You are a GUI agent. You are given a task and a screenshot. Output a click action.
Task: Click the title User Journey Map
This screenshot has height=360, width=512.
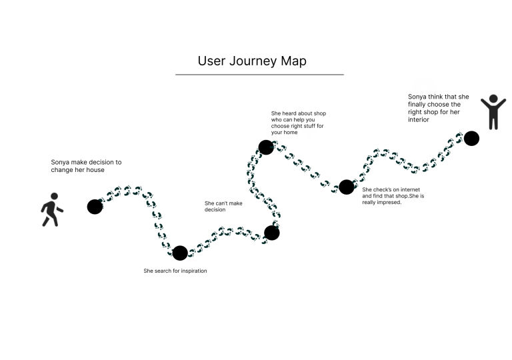tap(252, 61)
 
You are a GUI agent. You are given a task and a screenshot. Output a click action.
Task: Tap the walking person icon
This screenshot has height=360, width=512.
tap(51, 209)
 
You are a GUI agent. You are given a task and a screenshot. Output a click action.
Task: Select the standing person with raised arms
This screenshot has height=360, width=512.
tap(493, 111)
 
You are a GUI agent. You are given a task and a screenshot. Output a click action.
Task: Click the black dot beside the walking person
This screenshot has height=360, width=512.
tap(95, 207)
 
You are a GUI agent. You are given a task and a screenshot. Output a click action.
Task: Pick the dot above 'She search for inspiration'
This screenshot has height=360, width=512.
tap(180, 253)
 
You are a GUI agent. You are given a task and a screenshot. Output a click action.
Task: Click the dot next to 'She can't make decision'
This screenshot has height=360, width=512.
tap(271, 233)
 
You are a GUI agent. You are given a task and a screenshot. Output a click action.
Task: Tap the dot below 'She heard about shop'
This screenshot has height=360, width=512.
tap(266, 147)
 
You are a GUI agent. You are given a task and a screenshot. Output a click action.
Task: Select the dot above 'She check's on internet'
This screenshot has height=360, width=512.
tap(346, 187)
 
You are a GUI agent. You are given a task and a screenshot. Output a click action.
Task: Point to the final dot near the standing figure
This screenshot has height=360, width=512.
tap(471, 139)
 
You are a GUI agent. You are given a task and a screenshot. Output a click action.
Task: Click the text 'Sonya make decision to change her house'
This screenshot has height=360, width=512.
tap(86, 165)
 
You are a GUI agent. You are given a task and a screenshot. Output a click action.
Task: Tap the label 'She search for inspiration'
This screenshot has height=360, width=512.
tap(179, 271)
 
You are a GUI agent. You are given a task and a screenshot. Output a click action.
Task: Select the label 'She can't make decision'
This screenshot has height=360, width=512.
tap(223, 206)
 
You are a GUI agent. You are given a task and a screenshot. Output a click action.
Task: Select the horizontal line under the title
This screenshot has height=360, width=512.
tap(259, 75)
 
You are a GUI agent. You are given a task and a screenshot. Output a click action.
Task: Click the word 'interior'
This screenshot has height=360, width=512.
tap(418, 120)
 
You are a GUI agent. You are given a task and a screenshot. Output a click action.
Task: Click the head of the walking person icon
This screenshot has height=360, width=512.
tap(53, 197)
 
